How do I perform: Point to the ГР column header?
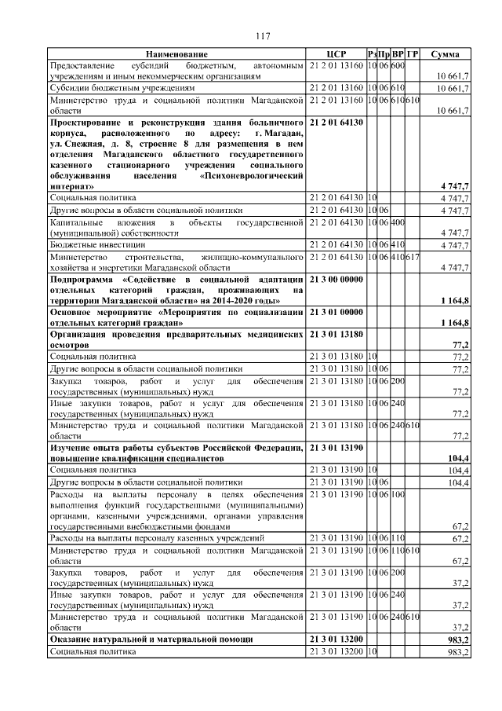click(413, 53)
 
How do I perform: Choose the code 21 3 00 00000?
click(336, 279)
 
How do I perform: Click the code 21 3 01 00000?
click(336, 312)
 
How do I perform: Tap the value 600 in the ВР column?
click(398, 64)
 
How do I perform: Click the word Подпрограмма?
click(82, 279)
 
